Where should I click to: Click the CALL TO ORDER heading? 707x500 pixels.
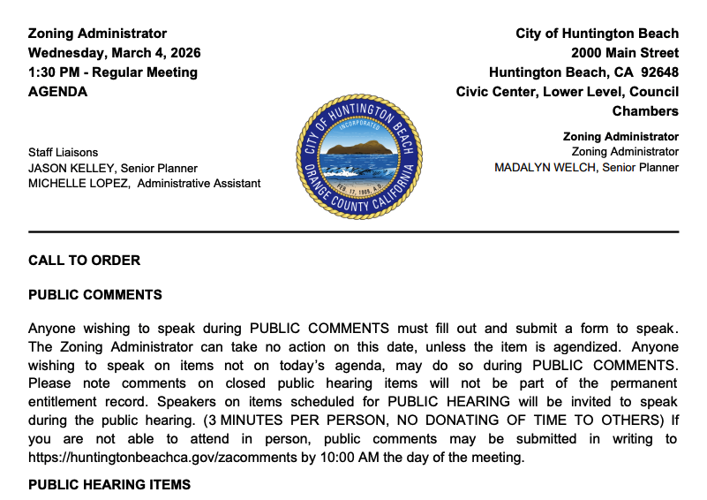click(x=85, y=261)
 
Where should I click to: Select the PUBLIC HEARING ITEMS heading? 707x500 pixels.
click(x=109, y=485)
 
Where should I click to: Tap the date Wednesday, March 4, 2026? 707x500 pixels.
click(x=114, y=53)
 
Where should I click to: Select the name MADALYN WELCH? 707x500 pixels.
click(x=545, y=168)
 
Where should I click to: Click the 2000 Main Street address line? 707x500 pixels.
click(x=625, y=53)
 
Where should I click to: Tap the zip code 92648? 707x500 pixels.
click(x=658, y=72)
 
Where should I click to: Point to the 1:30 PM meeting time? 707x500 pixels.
click(x=54, y=72)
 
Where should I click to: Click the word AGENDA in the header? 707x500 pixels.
click(x=58, y=92)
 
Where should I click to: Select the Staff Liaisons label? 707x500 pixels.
click(x=64, y=152)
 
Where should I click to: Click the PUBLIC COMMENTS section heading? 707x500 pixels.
click(x=95, y=295)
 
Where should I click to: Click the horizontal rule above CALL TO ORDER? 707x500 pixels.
click(x=353, y=231)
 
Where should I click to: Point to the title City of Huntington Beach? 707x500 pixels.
click(x=598, y=34)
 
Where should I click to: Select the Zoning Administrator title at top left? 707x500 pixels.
click(x=97, y=34)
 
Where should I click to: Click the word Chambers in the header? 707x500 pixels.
click(x=645, y=111)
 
